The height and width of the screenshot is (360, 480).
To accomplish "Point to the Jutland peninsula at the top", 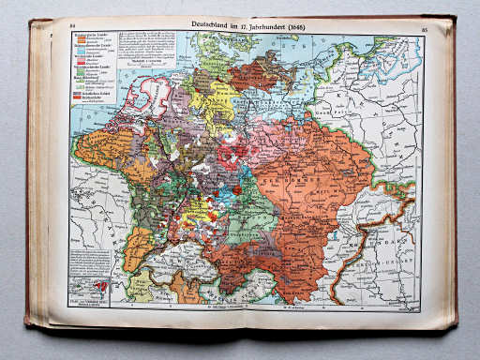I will [207, 47].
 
